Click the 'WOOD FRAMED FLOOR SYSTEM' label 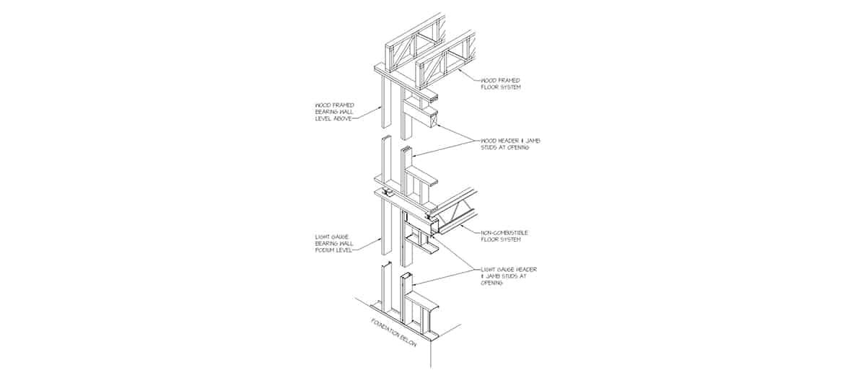click(501, 84)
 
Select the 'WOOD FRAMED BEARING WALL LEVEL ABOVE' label click(334, 112)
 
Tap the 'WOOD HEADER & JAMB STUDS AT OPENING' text click(510, 144)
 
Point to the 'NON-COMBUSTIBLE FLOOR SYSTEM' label click(504, 236)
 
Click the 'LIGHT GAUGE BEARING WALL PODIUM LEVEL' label click(334, 244)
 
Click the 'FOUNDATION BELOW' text click(394, 333)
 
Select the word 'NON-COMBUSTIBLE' click(504, 233)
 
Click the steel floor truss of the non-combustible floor click(453, 213)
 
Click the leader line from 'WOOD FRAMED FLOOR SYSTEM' click(468, 75)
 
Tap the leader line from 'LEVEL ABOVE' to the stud click(367, 113)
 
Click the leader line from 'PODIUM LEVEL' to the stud click(367, 245)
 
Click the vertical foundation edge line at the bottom click(431, 354)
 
